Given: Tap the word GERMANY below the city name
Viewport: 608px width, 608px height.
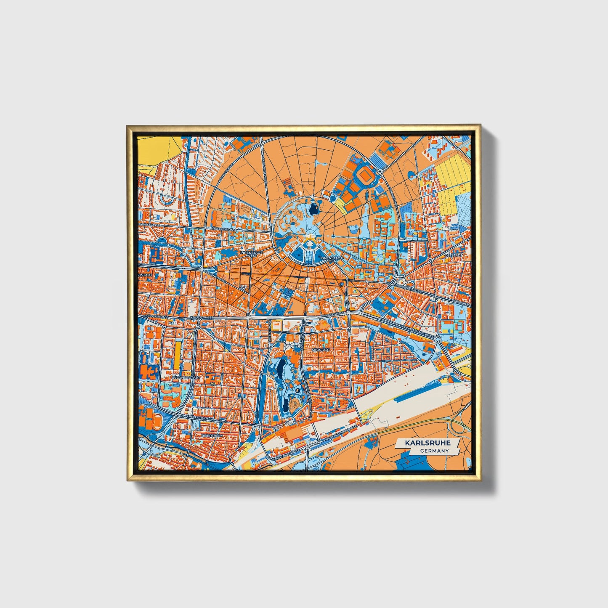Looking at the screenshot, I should tap(434, 451).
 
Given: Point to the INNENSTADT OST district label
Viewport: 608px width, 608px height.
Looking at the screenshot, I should tap(328, 259).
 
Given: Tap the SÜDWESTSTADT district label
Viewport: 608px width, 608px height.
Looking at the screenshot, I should tap(185, 378).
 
